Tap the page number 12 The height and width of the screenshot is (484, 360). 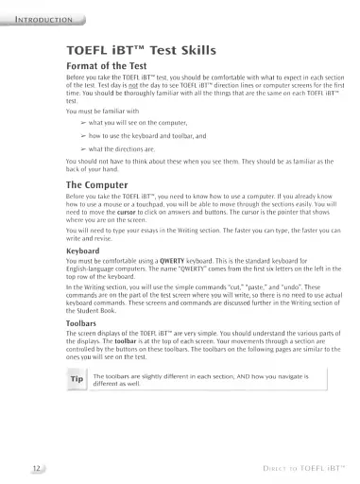click(x=35, y=467)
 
